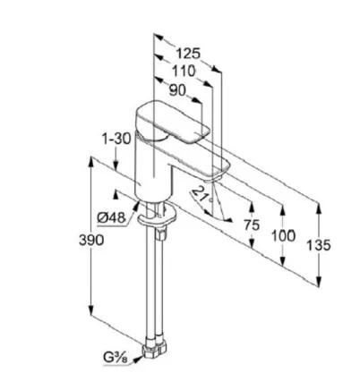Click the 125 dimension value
pyautogui.click(x=188, y=54)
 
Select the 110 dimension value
pyautogui.click(x=184, y=72)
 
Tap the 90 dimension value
pyautogui.click(x=177, y=90)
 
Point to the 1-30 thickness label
pyautogui.click(x=116, y=139)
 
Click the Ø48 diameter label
pyautogui.click(x=111, y=218)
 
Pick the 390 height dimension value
pyautogui.click(x=91, y=240)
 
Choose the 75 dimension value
pyautogui.click(x=252, y=225)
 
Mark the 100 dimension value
pyautogui.click(x=283, y=236)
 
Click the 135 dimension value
pyautogui.click(x=319, y=245)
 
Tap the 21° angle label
pyautogui.click(x=202, y=195)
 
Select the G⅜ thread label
pyautogui.click(x=116, y=357)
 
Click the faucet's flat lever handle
pyautogui.click(x=172, y=122)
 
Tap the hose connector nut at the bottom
pyautogui.click(x=154, y=347)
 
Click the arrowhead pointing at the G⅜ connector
pyautogui.click(x=137, y=360)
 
